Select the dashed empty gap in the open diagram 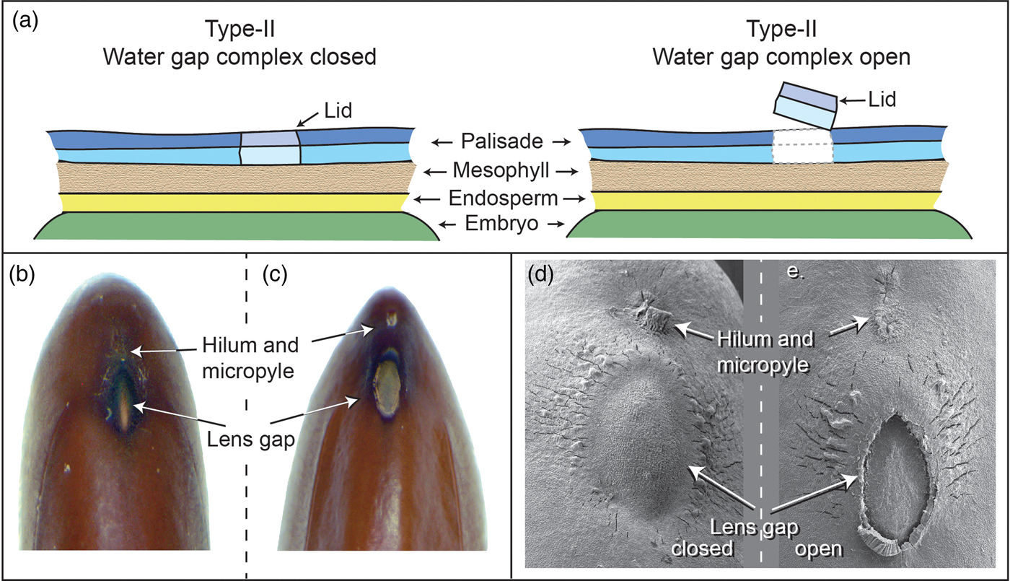pyautogui.click(x=802, y=147)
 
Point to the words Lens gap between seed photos pyautogui.click(x=246, y=437)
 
